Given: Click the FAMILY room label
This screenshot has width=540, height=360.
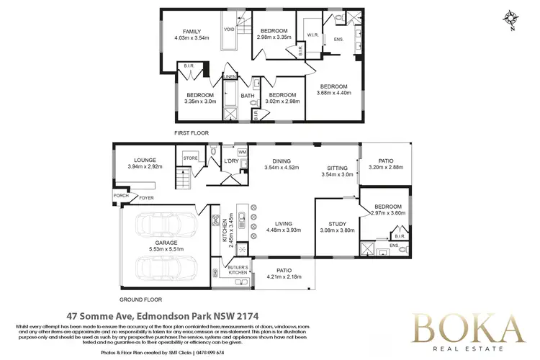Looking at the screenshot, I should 191,32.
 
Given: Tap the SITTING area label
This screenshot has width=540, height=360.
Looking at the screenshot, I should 338,167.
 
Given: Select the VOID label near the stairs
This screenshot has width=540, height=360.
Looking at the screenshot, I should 230,30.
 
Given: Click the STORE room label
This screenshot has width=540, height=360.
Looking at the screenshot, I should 190,157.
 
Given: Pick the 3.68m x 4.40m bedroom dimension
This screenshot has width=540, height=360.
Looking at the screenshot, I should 333,93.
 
